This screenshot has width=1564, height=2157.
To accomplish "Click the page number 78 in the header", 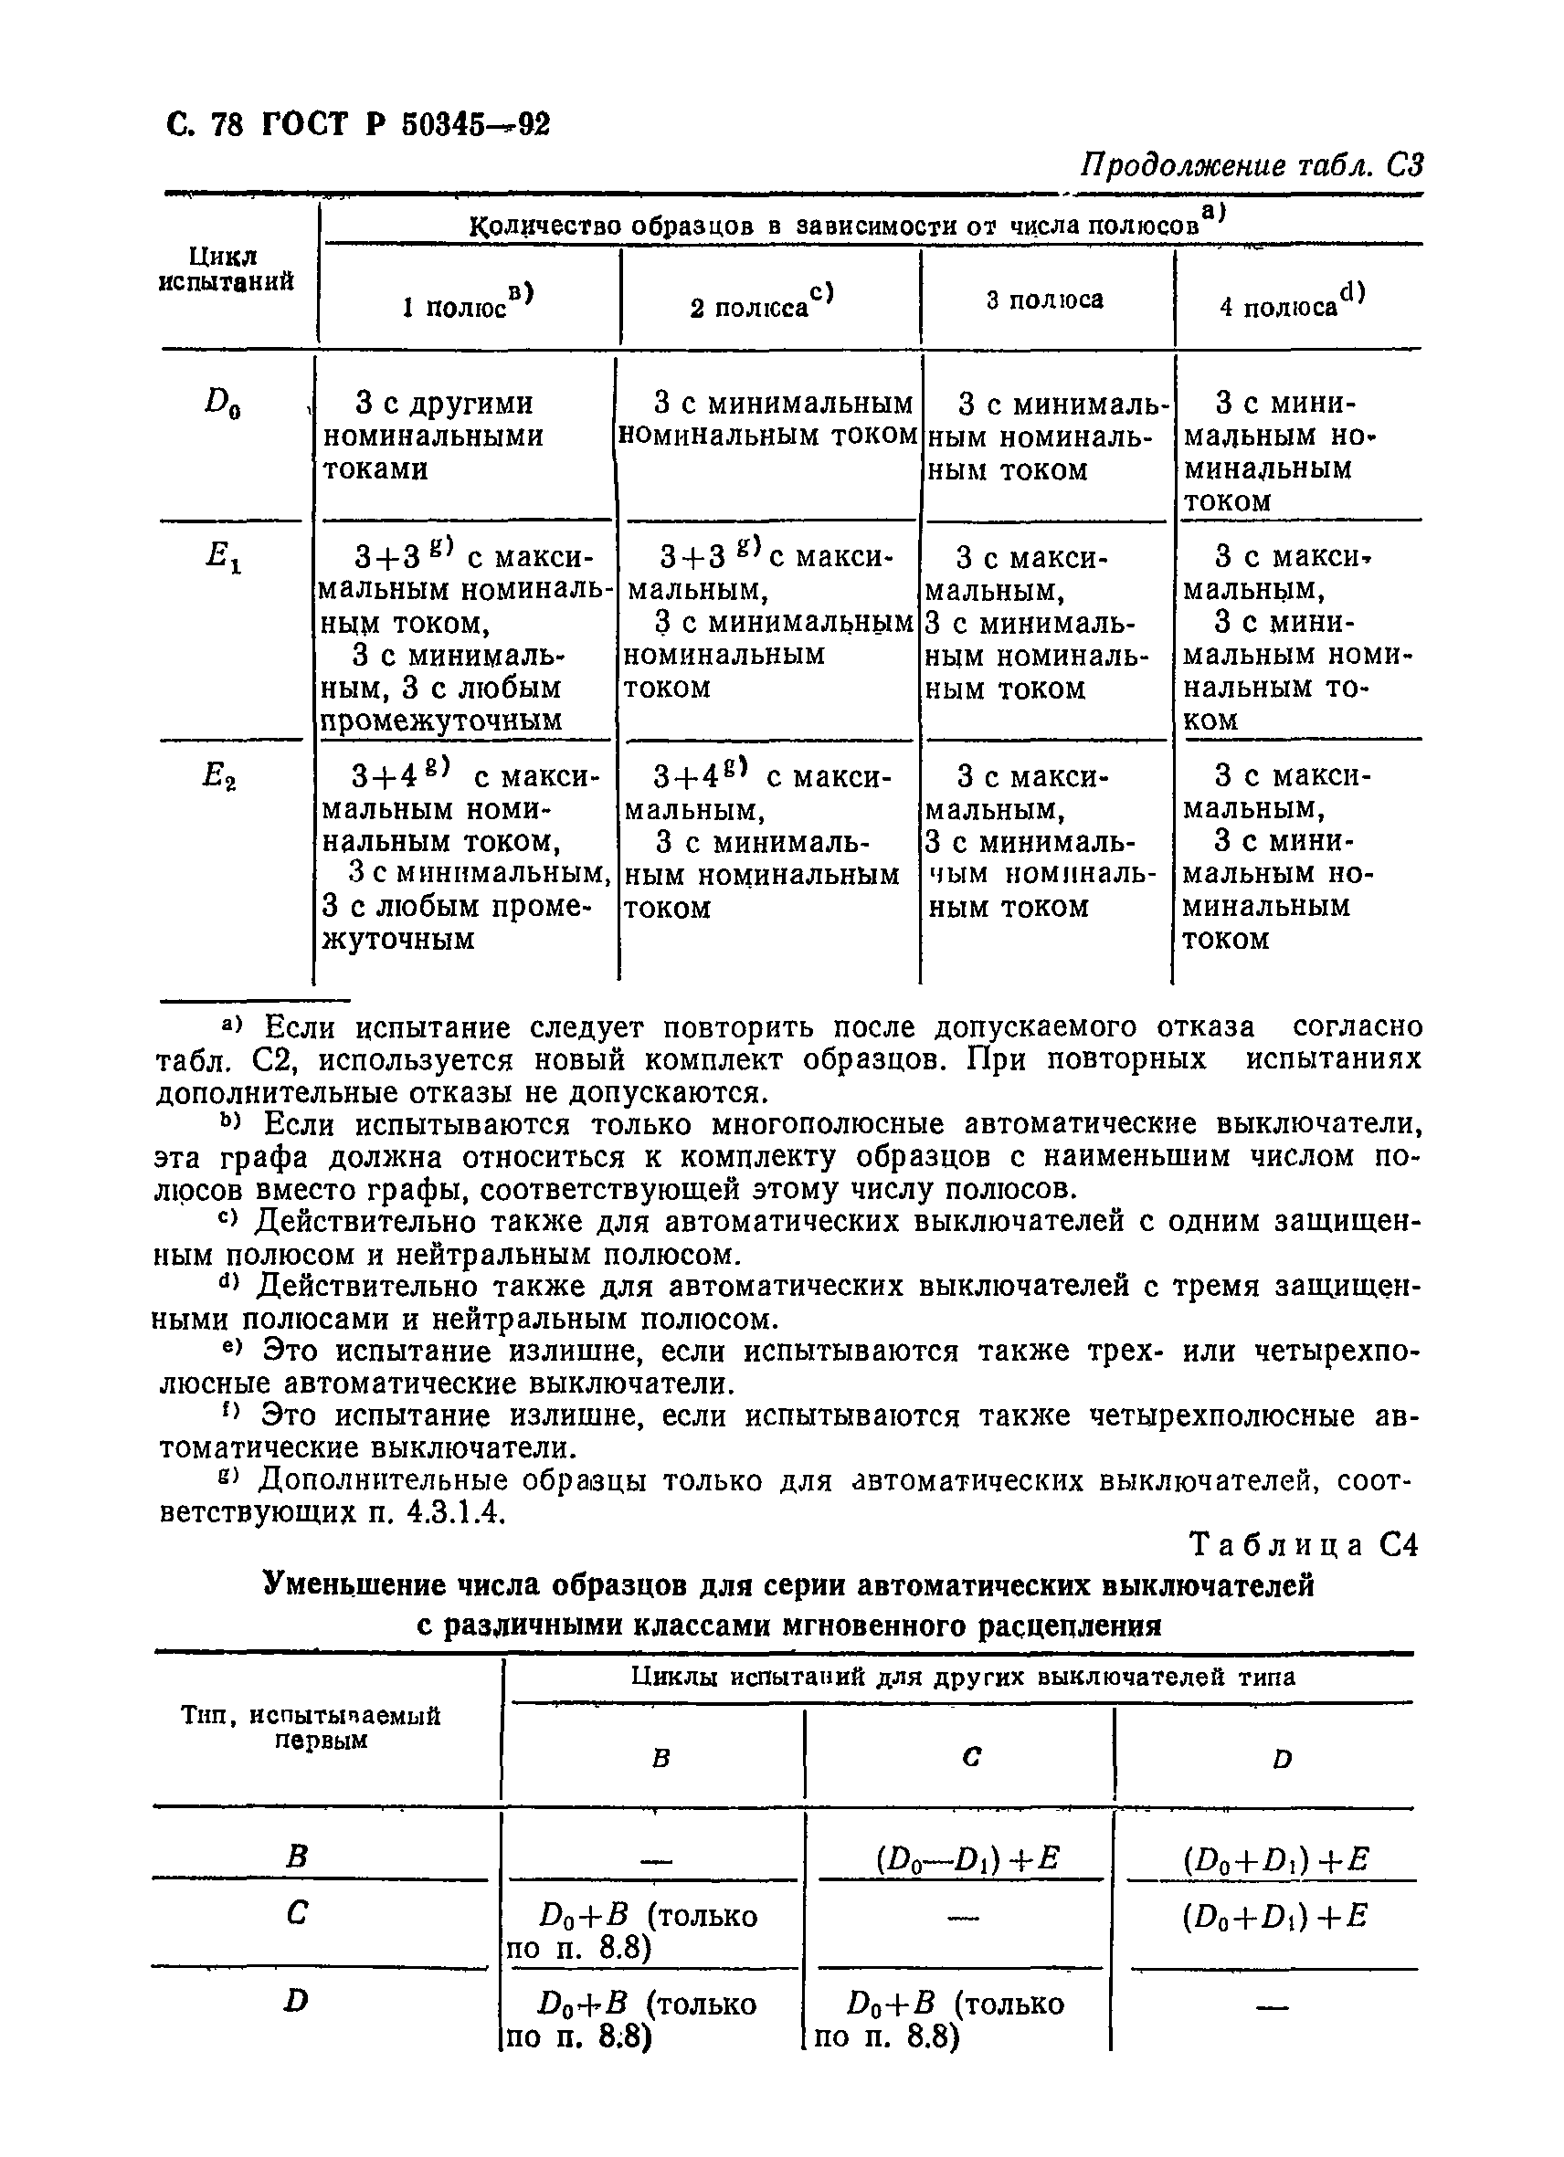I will (x=228, y=124).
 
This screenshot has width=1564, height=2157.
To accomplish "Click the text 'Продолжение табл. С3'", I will (x=1251, y=166).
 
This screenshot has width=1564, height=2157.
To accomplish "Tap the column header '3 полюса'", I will (x=1044, y=300).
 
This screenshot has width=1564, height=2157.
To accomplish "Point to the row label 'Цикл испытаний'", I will (x=227, y=269).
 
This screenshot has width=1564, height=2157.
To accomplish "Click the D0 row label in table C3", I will (x=223, y=405).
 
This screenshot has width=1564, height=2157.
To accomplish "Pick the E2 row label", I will (x=220, y=777).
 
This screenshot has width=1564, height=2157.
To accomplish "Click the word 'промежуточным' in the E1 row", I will (x=442, y=721).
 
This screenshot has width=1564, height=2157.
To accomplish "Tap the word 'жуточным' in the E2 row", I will (x=399, y=941).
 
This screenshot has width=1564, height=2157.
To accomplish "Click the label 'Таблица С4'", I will (x=1305, y=1545).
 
